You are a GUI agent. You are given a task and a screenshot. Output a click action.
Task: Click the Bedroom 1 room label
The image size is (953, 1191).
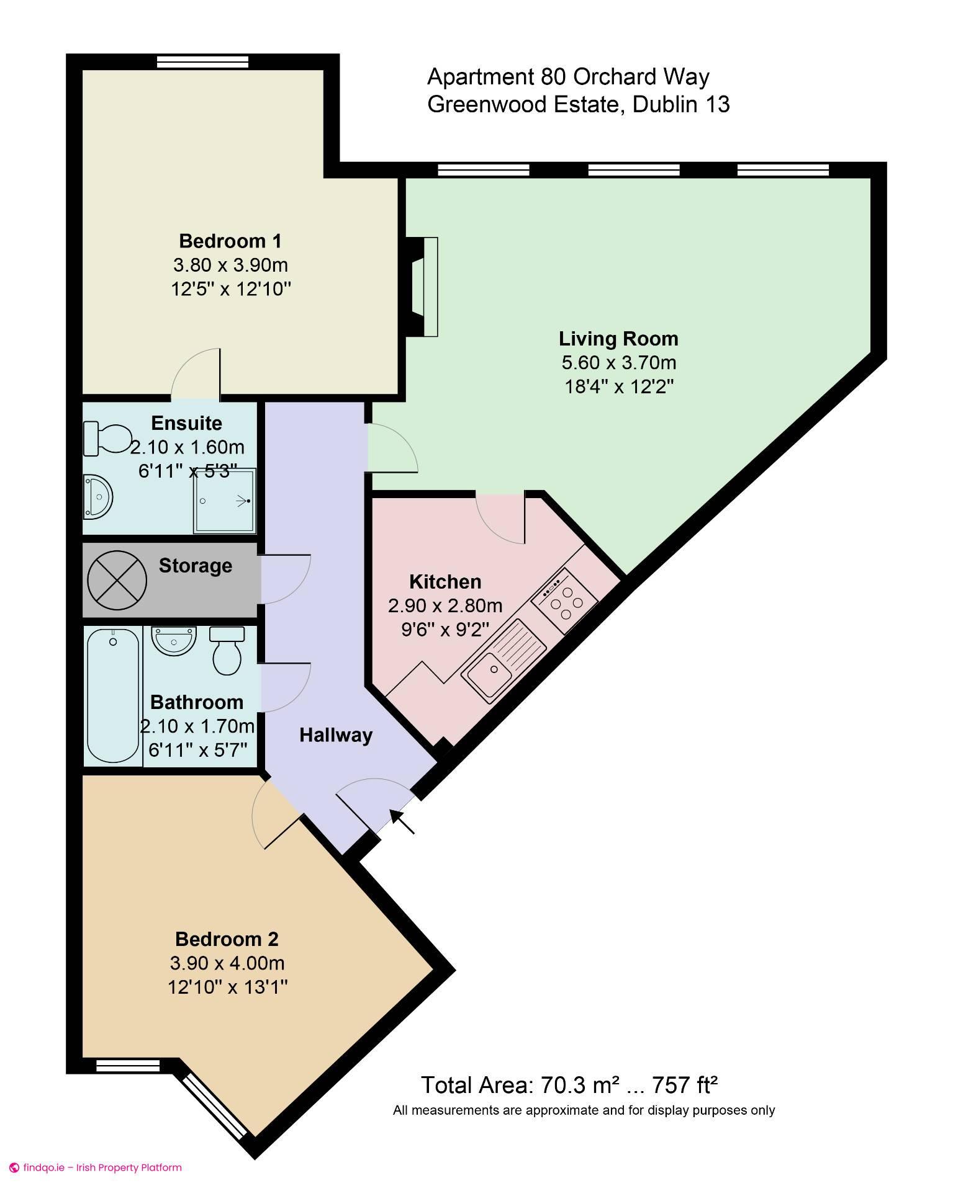(230, 241)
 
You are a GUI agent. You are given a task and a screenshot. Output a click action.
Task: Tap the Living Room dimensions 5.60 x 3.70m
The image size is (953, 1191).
(618, 362)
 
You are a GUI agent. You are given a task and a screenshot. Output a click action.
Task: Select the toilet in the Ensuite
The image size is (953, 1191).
(107, 438)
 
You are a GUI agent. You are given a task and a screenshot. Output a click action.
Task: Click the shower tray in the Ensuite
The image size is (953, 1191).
(225, 501)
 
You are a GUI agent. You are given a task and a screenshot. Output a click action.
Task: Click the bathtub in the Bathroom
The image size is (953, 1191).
(112, 695)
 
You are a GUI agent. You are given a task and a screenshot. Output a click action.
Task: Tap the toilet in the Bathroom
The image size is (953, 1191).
(227, 650)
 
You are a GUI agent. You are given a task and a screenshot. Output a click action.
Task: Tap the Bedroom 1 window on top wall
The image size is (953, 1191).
(202, 61)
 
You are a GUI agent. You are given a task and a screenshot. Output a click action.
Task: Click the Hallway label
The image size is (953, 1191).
(336, 735)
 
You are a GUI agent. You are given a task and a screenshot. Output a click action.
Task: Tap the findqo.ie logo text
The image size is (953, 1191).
(43, 1167)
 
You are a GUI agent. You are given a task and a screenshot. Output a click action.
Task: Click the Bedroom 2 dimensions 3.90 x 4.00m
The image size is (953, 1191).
(227, 963)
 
